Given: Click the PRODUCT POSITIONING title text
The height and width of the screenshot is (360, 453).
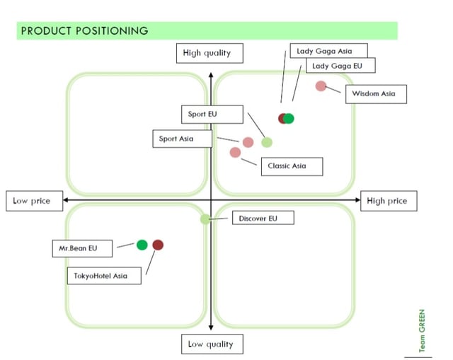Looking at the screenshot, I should coord(84,30).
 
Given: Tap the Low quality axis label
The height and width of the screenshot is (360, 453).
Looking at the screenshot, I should coord(211,344).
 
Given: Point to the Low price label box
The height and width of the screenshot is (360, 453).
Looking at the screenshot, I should coord(32,201).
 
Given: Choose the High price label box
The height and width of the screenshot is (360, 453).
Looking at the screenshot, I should coord(387,201).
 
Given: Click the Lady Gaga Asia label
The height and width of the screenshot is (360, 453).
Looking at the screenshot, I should coord(323,51).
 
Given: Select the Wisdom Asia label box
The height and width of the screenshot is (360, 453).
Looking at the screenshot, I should coord(375,93).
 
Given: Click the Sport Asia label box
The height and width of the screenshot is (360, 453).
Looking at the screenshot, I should coord(182,139).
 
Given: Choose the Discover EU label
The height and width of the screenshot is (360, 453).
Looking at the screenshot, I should coord(263,219).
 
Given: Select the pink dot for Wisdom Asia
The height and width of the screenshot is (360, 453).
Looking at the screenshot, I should coord(321,86).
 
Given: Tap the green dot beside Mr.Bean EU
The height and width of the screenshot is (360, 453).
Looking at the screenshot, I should coord(142,245).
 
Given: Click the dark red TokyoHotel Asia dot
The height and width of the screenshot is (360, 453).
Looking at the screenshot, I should coord(158,245).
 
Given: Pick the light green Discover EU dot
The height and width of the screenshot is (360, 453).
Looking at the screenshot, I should coord(205,219).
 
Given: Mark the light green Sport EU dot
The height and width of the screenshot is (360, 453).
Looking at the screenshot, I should coord(267,142).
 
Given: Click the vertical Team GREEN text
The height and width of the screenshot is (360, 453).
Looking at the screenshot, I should coord(423,331).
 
